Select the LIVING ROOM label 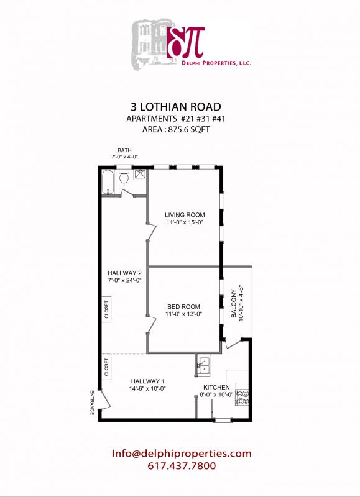pyautogui.click(x=185, y=215)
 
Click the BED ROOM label pyautogui.click(x=185, y=306)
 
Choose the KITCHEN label pyautogui.click(x=216, y=387)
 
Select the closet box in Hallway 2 pyautogui.click(x=106, y=309)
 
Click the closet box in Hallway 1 pyautogui.click(x=106, y=367)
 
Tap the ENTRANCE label pyautogui.click(x=92, y=403)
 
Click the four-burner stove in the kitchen pyautogui.click(x=242, y=397)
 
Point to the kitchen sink pyautogui.click(x=203, y=367)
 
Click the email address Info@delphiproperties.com pyautogui.click(x=182, y=454)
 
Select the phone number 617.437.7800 pyautogui.click(x=182, y=466)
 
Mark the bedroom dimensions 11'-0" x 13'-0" pyautogui.click(x=185, y=314)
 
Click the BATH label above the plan pyautogui.click(x=125, y=150)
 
